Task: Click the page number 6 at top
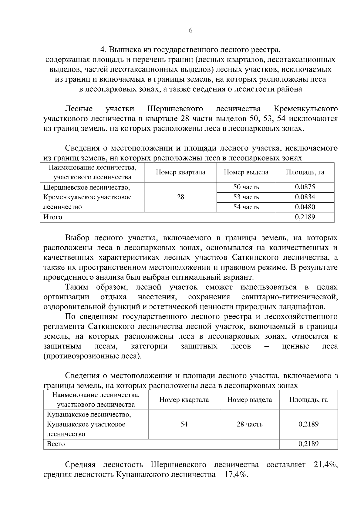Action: pos(190,31)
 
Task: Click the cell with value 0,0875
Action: pos(305,187)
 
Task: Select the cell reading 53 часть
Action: pos(246,197)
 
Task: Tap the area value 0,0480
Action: pos(305,207)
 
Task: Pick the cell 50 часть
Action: pos(246,187)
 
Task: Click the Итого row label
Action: pos(53,217)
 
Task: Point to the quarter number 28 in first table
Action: pos(180,197)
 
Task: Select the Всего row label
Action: pos(56,444)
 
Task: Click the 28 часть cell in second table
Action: pos(249,424)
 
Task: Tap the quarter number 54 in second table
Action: pos(184,424)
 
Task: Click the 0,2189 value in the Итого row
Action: pos(305,217)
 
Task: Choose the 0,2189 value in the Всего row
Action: pos(308,444)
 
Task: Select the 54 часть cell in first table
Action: pos(246,207)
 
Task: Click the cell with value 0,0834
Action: pos(305,197)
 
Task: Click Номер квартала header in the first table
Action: pos(180,173)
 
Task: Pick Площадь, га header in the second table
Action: pos(308,400)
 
